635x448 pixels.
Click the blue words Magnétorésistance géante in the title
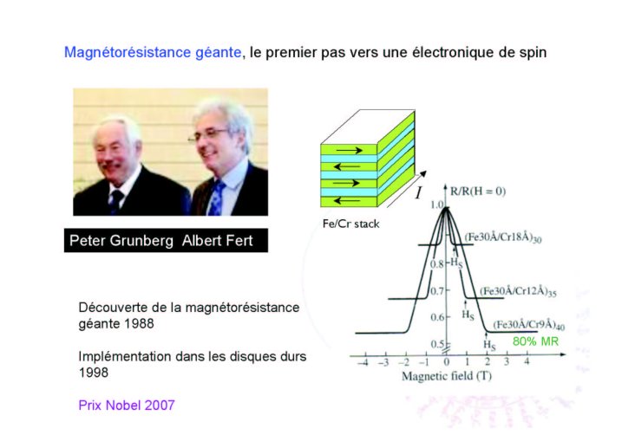pyautogui.click(x=153, y=53)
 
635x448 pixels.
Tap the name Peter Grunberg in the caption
pyautogui.click(x=121, y=240)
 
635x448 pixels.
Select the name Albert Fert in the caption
pyautogui.click(x=218, y=240)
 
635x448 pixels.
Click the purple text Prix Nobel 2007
pyautogui.click(x=127, y=405)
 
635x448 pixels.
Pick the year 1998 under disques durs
pyautogui.click(x=94, y=373)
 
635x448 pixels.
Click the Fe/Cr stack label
pyautogui.click(x=350, y=224)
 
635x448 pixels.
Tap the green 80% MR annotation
pyautogui.click(x=535, y=341)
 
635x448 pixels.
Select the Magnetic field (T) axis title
pyautogui.click(x=446, y=376)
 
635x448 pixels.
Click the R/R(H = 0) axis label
pyautogui.click(x=478, y=191)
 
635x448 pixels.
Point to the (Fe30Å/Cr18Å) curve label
pyautogui.click(x=502, y=237)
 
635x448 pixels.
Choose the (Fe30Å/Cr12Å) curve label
pyautogui.click(x=518, y=291)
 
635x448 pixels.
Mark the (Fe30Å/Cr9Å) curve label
pyautogui.click(x=528, y=325)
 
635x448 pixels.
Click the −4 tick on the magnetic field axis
pyautogui.click(x=363, y=361)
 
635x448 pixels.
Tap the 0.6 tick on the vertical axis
pyautogui.click(x=437, y=317)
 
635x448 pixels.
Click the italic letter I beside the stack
pyautogui.click(x=418, y=192)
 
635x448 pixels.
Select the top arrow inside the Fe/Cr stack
pyautogui.click(x=349, y=151)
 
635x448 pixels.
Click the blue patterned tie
pyautogui.click(x=216, y=198)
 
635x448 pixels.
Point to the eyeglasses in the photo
pyautogui.click(x=208, y=135)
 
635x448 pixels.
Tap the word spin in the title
pyautogui.click(x=533, y=53)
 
